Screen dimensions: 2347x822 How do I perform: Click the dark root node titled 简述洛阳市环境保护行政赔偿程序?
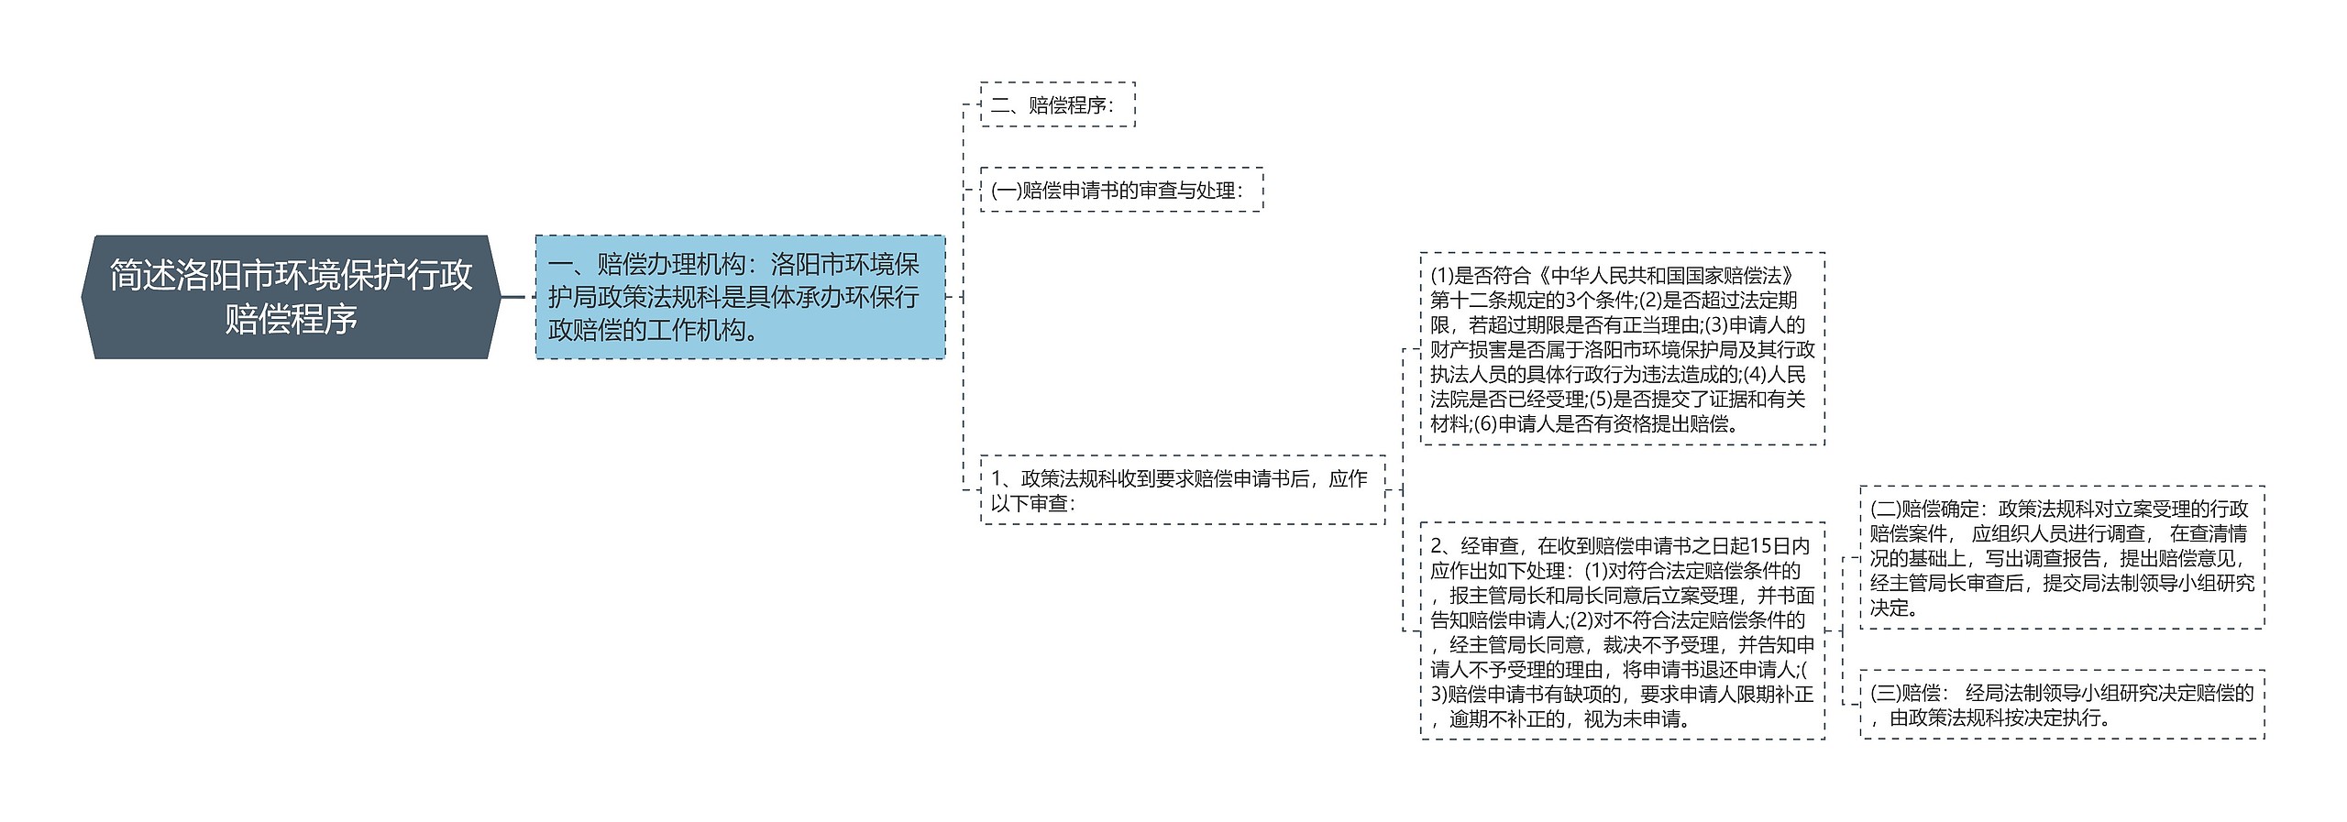click(x=291, y=297)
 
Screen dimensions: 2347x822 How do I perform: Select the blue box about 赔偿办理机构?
click(x=739, y=297)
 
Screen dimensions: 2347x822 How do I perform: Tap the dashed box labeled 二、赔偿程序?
click(x=1057, y=104)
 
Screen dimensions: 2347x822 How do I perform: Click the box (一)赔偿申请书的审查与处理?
click(x=1121, y=190)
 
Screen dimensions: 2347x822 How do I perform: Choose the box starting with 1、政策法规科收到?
click(x=1182, y=490)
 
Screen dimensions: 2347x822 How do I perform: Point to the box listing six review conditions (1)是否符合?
click(x=1622, y=349)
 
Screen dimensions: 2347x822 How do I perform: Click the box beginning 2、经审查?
click(x=1622, y=631)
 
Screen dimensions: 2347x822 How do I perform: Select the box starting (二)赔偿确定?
click(x=2061, y=557)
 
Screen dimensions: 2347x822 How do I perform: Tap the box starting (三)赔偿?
click(x=2061, y=705)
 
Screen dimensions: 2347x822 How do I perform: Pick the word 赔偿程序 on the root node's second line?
click(x=291, y=320)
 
